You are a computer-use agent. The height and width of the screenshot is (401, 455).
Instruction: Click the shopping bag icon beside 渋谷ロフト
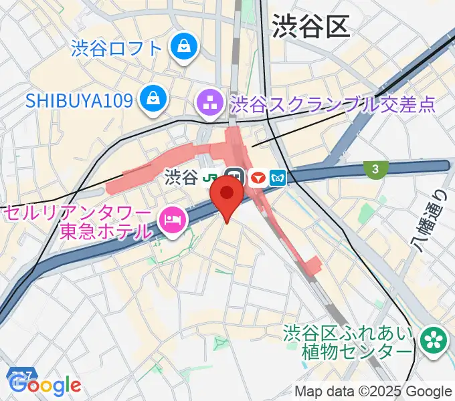[x=182, y=47]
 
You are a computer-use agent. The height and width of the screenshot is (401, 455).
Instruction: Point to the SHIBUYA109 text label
[x=80, y=101]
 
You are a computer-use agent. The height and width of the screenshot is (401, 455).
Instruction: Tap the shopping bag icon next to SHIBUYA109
[x=154, y=100]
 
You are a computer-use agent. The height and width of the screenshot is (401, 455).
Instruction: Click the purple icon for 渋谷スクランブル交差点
[x=210, y=104]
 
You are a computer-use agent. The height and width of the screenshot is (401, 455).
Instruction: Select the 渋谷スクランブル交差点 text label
[x=333, y=105]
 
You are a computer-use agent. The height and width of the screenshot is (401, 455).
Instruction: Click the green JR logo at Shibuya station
[x=212, y=178]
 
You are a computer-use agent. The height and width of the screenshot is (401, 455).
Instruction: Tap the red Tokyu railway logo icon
[x=258, y=178]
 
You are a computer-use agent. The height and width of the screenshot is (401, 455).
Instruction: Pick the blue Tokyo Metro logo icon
[x=278, y=178]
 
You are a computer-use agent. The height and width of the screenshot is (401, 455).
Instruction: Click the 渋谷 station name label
[x=181, y=178]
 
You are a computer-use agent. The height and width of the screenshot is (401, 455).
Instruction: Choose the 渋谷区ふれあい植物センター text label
[x=349, y=342]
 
